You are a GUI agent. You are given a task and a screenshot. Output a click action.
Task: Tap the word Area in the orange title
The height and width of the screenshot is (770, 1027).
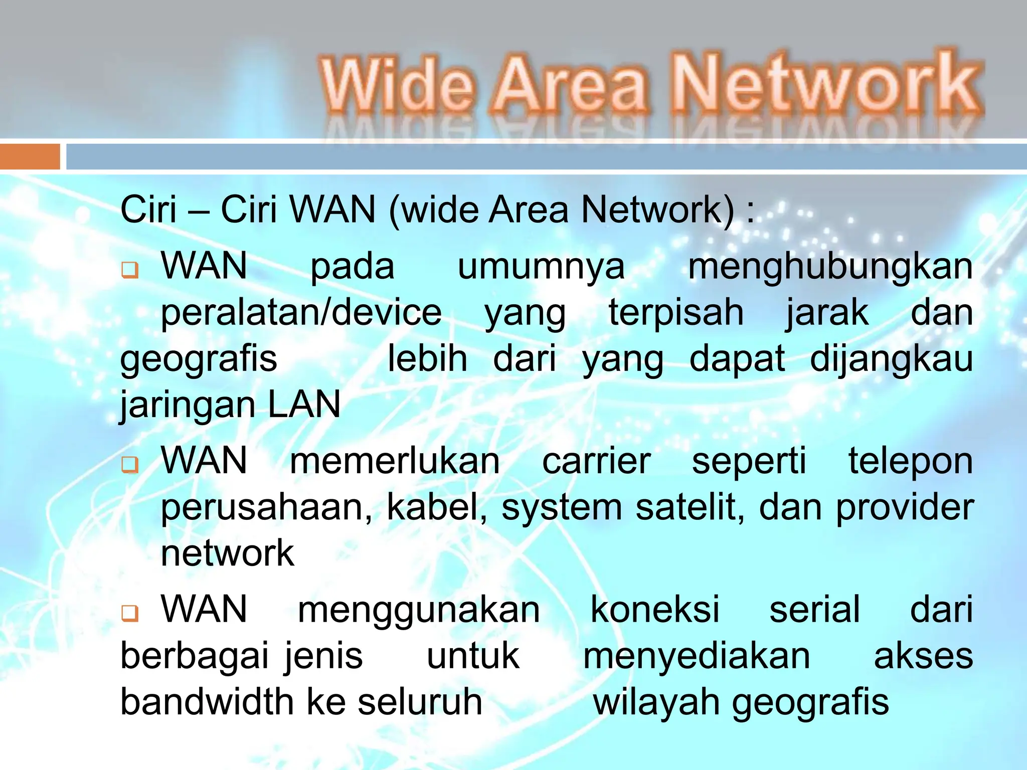570,84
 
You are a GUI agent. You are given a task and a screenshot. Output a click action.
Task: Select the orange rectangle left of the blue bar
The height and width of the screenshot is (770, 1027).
30,156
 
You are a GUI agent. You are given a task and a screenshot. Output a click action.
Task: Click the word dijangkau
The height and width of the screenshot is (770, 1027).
891,359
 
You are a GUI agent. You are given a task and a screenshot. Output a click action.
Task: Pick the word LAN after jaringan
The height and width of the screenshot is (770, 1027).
304,405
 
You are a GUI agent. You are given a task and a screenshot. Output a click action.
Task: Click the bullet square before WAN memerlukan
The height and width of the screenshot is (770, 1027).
129,464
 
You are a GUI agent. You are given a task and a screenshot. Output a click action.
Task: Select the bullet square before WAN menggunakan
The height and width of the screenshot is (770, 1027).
129,613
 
